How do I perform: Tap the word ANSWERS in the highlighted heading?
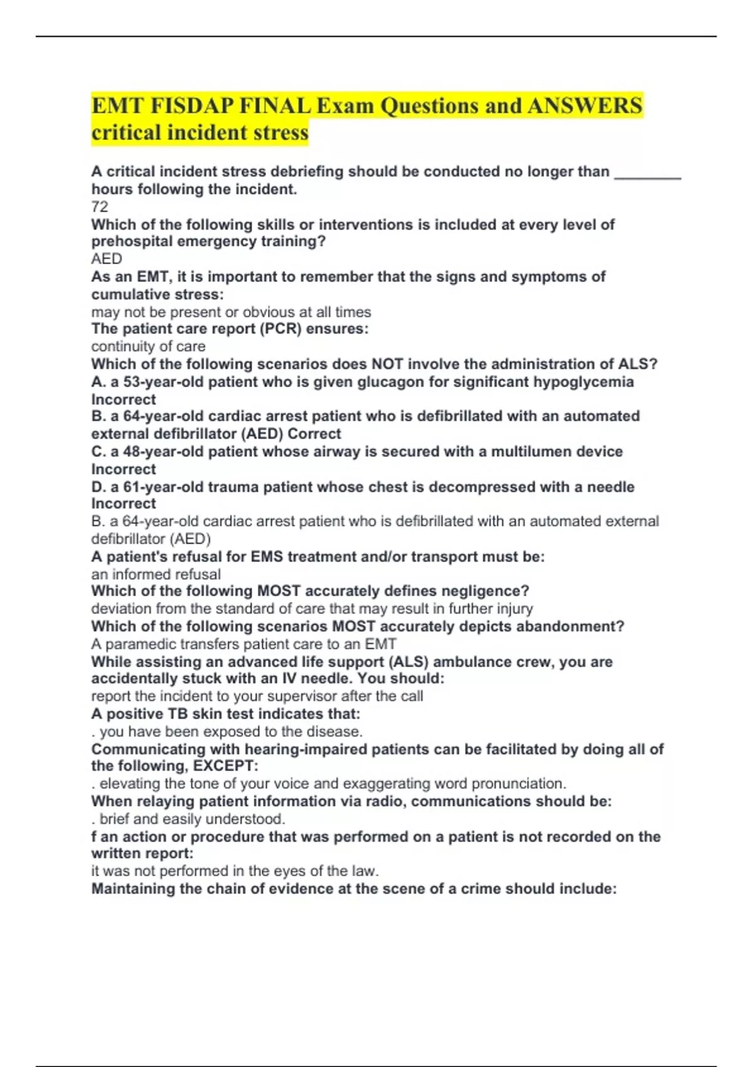pos(585,105)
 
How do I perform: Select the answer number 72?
pos(100,206)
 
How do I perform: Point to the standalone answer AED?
pos(107,259)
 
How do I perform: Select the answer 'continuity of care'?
pos(148,346)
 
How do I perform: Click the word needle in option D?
pos(611,486)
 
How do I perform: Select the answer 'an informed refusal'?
pos(156,574)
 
